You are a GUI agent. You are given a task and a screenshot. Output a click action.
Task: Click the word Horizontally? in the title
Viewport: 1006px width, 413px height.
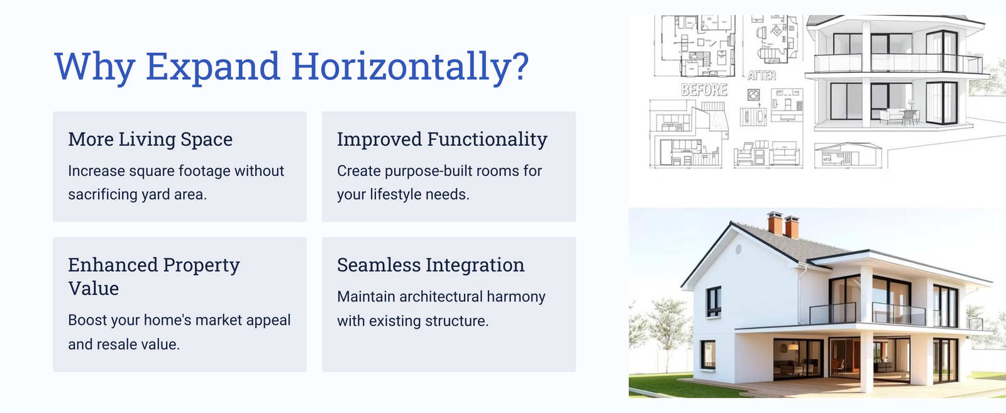pos(410,67)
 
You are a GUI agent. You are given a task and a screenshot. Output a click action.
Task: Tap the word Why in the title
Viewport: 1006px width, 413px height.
pos(95,67)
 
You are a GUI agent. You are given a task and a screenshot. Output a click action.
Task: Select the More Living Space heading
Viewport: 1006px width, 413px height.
pos(150,139)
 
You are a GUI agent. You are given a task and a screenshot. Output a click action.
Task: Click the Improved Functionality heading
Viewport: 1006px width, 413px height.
pos(443,139)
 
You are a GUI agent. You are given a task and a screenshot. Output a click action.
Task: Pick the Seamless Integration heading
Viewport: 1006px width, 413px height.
pos(431,265)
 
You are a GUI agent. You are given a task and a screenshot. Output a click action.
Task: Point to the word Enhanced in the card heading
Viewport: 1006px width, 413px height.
pos(113,265)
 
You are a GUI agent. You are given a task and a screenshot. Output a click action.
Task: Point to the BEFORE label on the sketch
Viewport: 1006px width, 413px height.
pos(704,91)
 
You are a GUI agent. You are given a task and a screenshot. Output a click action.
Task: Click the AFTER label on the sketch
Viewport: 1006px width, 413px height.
pos(761,75)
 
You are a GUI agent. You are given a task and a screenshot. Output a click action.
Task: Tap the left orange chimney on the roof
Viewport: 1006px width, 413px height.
pos(775,223)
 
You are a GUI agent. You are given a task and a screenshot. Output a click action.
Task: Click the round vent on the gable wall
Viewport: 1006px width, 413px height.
pos(738,250)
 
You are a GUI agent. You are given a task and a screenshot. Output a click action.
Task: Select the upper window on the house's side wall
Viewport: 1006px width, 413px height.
pos(713,302)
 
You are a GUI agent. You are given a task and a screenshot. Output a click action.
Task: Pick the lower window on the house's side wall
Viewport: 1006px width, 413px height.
pos(708,355)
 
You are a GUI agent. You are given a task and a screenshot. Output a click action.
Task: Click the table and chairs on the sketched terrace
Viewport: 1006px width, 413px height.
pos(900,115)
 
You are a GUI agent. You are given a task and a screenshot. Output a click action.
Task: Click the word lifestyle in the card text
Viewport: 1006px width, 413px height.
pos(390,195)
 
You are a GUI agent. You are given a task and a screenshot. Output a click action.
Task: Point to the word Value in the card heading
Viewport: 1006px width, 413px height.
pos(94,288)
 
